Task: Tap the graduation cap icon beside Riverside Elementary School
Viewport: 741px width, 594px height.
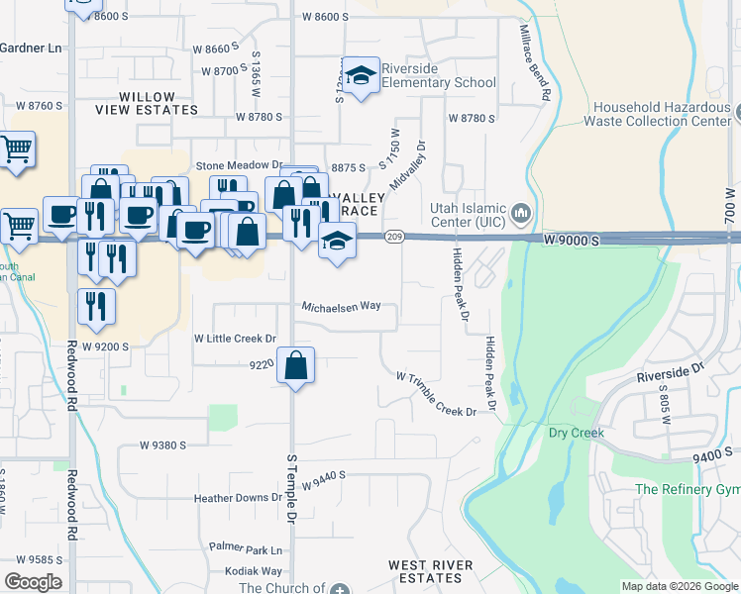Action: point(363,76)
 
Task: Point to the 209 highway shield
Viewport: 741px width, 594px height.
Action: point(394,236)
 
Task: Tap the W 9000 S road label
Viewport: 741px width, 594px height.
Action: point(573,241)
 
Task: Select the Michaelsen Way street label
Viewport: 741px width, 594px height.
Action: point(342,307)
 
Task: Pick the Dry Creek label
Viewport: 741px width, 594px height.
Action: point(577,433)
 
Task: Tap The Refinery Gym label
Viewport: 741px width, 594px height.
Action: point(688,490)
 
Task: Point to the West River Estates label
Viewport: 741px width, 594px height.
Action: point(431,571)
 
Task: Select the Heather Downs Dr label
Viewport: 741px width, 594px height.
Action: point(239,498)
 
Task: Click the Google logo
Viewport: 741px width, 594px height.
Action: point(33,581)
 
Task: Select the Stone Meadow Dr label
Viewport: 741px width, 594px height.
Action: point(240,165)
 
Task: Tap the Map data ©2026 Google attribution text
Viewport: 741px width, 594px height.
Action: point(679,586)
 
